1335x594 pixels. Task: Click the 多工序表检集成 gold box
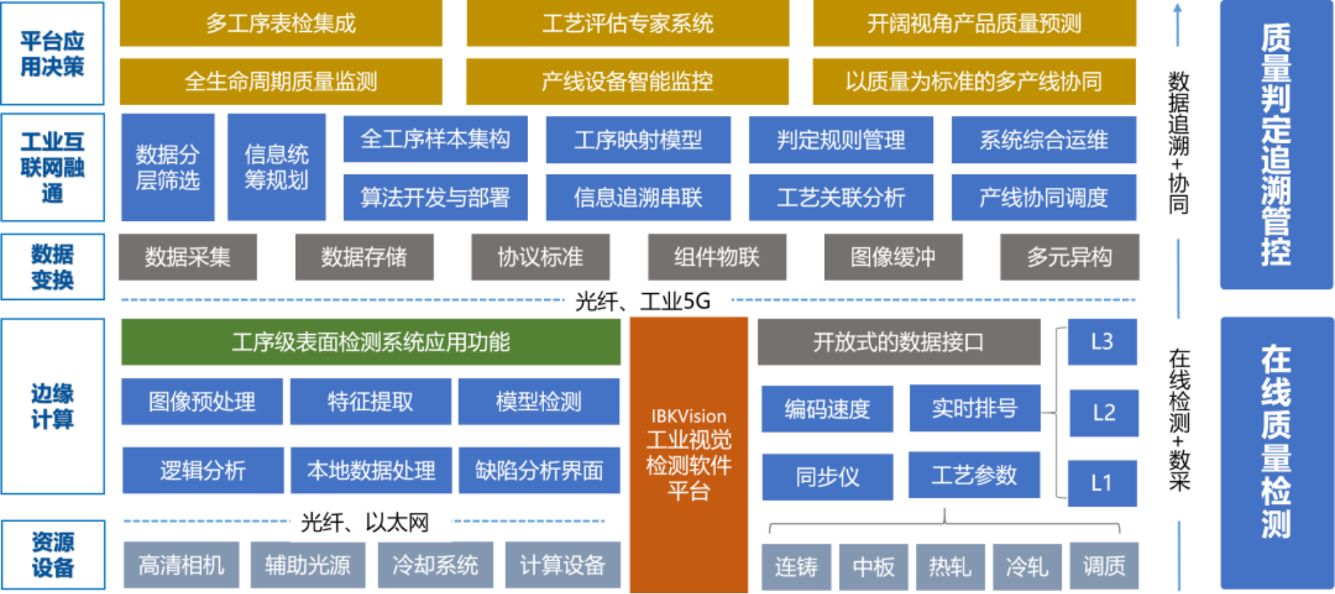click(x=281, y=24)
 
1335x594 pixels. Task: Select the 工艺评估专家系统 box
click(x=627, y=24)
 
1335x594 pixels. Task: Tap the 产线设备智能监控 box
click(x=627, y=82)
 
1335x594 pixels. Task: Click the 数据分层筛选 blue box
click(x=168, y=167)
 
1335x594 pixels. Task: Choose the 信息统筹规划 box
click(x=277, y=167)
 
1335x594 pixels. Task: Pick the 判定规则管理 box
click(x=841, y=140)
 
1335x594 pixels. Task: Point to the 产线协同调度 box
click(x=1043, y=198)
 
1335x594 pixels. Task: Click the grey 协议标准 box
click(x=541, y=257)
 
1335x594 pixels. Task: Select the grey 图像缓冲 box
click(x=893, y=257)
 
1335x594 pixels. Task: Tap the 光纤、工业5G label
click(x=643, y=301)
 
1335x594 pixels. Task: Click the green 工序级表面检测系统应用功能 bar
click(x=371, y=342)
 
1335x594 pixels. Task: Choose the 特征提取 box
click(x=370, y=401)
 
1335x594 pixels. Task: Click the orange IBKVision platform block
click(x=689, y=454)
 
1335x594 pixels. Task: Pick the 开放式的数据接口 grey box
click(x=898, y=342)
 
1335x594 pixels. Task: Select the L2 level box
click(x=1103, y=413)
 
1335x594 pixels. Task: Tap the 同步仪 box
click(x=827, y=477)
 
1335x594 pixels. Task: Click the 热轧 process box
click(x=950, y=566)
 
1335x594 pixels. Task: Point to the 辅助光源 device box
click(x=308, y=565)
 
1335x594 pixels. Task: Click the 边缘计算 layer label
click(x=53, y=406)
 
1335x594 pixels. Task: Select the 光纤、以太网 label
click(x=365, y=522)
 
